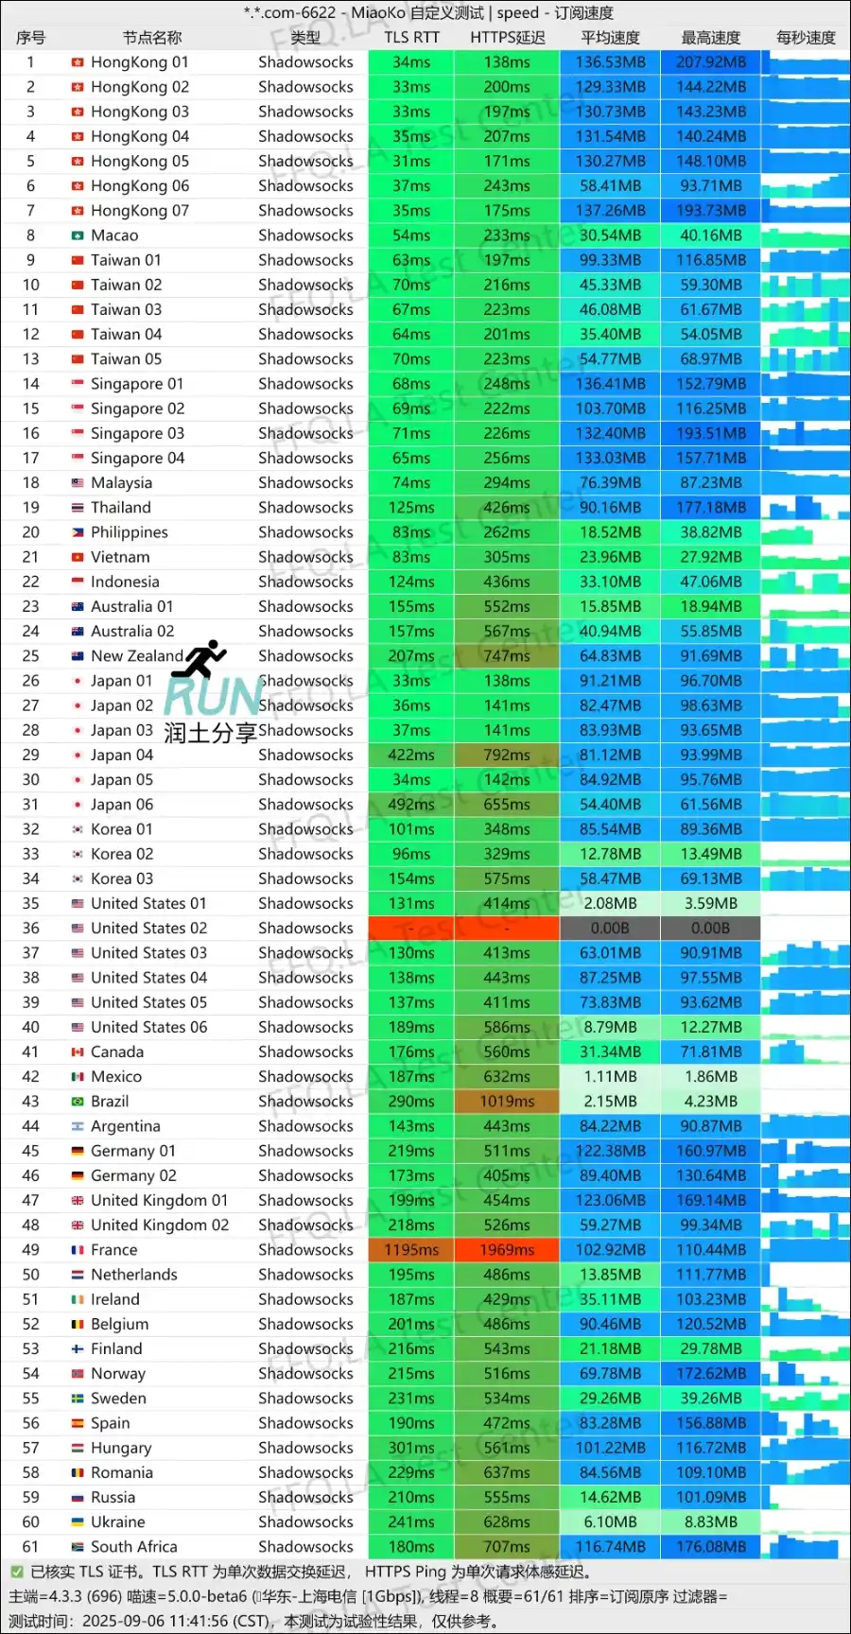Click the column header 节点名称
click(x=151, y=38)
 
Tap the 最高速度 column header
click(x=710, y=38)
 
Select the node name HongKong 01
click(x=139, y=62)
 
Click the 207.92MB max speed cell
click(x=710, y=62)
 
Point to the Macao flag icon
click(x=78, y=235)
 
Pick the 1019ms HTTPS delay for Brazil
click(x=507, y=1102)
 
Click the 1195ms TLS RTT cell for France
click(x=411, y=1250)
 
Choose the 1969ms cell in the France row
click(x=507, y=1250)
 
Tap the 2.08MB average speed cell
click(x=610, y=904)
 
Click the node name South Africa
click(x=133, y=1547)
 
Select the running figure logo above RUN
click(x=200, y=659)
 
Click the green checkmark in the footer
click(x=16, y=1572)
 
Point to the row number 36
click(x=30, y=929)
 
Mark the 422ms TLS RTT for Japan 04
click(x=411, y=756)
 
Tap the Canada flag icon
click(x=78, y=1052)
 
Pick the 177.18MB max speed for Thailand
click(x=710, y=508)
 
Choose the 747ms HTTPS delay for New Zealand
click(x=507, y=656)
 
